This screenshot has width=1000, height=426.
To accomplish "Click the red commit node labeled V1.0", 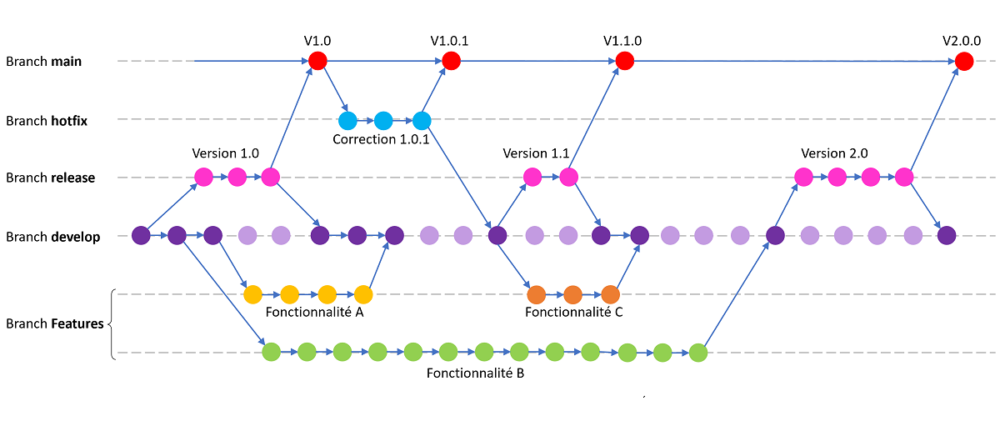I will click(x=317, y=61).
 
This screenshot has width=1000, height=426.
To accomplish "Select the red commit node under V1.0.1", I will click(x=451, y=61).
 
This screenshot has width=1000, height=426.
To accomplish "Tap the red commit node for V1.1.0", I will click(x=624, y=61).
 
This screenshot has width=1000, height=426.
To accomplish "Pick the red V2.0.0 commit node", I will click(x=964, y=61).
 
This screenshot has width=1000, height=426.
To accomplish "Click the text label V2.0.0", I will click(x=961, y=40).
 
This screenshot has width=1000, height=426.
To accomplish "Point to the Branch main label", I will click(x=43, y=62).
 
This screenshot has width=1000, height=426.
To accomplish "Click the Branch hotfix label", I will click(x=47, y=121).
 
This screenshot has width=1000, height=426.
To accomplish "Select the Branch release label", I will click(x=50, y=178).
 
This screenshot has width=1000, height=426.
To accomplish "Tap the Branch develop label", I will click(x=52, y=237).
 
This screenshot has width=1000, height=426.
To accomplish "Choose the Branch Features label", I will click(x=54, y=323).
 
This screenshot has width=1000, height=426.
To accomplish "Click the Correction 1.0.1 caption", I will click(x=381, y=139).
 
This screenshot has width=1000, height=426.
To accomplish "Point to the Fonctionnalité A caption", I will click(x=314, y=313).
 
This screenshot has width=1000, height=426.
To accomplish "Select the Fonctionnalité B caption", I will click(x=475, y=373).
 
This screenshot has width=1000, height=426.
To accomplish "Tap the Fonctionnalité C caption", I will click(x=574, y=313).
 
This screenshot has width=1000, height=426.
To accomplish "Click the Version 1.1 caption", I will click(x=536, y=154).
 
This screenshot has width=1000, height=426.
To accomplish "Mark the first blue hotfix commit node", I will click(x=347, y=119).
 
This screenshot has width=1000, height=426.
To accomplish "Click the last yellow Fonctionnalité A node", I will click(x=362, y=294).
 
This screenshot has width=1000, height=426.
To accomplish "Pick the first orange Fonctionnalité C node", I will click(x=536, y=294).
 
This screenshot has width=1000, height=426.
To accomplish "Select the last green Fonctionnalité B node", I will click(x=698, y=353).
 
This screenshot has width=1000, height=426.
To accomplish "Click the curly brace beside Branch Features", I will click(x=111, y=324).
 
